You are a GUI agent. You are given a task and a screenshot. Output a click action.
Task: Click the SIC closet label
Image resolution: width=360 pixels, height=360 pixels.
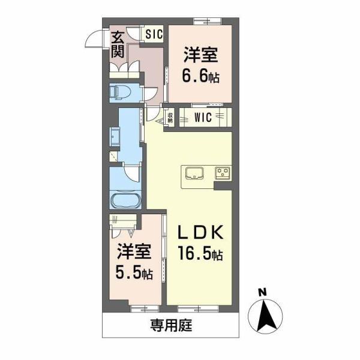point(153,34)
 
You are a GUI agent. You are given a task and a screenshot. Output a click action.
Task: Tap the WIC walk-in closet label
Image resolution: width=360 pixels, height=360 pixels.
point(202,118)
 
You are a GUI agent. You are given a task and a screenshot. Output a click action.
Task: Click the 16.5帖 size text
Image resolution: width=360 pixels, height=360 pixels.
point(200,255)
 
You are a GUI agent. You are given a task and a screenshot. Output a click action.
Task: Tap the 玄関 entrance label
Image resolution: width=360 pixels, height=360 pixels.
point(118,44)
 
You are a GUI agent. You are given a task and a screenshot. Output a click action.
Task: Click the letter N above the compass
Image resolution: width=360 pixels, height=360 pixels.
point(262,292)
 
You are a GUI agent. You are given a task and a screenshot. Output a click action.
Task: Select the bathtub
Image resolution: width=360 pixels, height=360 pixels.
point(125,201)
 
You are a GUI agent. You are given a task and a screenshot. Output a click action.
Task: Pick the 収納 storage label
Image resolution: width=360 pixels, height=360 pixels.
point(170,118)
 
